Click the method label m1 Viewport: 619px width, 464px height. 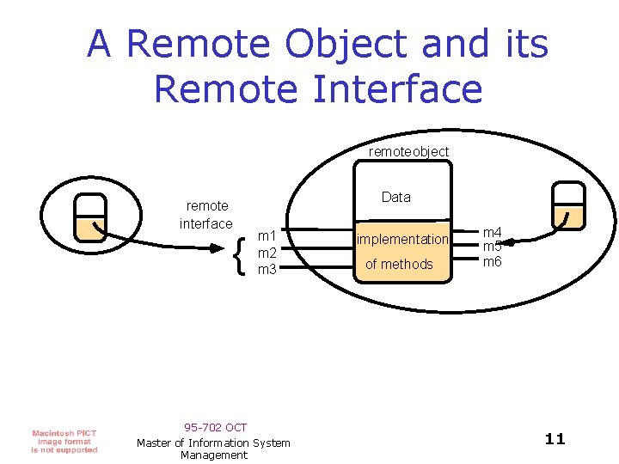point(267,236)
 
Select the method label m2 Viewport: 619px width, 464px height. point(267,253)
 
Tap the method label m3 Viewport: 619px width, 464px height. point(267,269)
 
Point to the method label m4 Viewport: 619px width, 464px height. point(492,232)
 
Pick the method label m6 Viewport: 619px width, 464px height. point(492,261)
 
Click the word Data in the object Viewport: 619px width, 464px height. point(395,197)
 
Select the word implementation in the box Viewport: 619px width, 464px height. point(402,239)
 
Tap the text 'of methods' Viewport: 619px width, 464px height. point(399,264)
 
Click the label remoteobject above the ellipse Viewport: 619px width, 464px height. point(408,151)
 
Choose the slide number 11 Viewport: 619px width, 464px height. point(555,439)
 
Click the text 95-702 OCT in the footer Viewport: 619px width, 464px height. point(215,427)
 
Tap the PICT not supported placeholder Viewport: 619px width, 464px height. point(64,441)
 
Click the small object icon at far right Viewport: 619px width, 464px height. point(568,205)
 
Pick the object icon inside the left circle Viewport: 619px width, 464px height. point(89,217)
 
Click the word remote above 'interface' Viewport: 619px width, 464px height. point(207,205)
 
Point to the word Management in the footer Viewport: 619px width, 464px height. point(214,455)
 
